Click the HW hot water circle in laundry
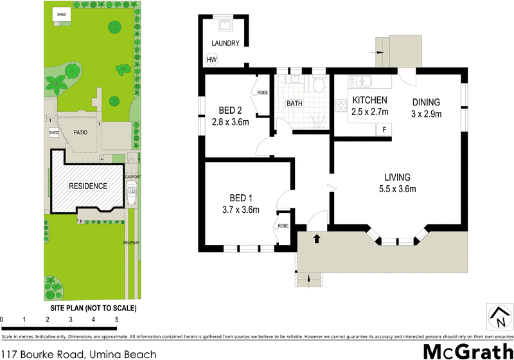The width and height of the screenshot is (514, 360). point(211,60)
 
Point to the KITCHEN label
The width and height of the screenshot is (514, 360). point(369,100)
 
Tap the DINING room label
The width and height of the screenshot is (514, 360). point(427,102)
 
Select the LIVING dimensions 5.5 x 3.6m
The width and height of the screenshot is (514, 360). point(397,189)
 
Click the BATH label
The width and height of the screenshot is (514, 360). point(294,103)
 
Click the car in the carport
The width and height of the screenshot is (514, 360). point(132,194)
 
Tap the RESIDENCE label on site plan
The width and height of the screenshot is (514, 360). point(88,186)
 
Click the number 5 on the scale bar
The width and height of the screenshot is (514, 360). point(116,319)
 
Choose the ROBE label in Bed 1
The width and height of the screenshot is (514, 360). point(283,225)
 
